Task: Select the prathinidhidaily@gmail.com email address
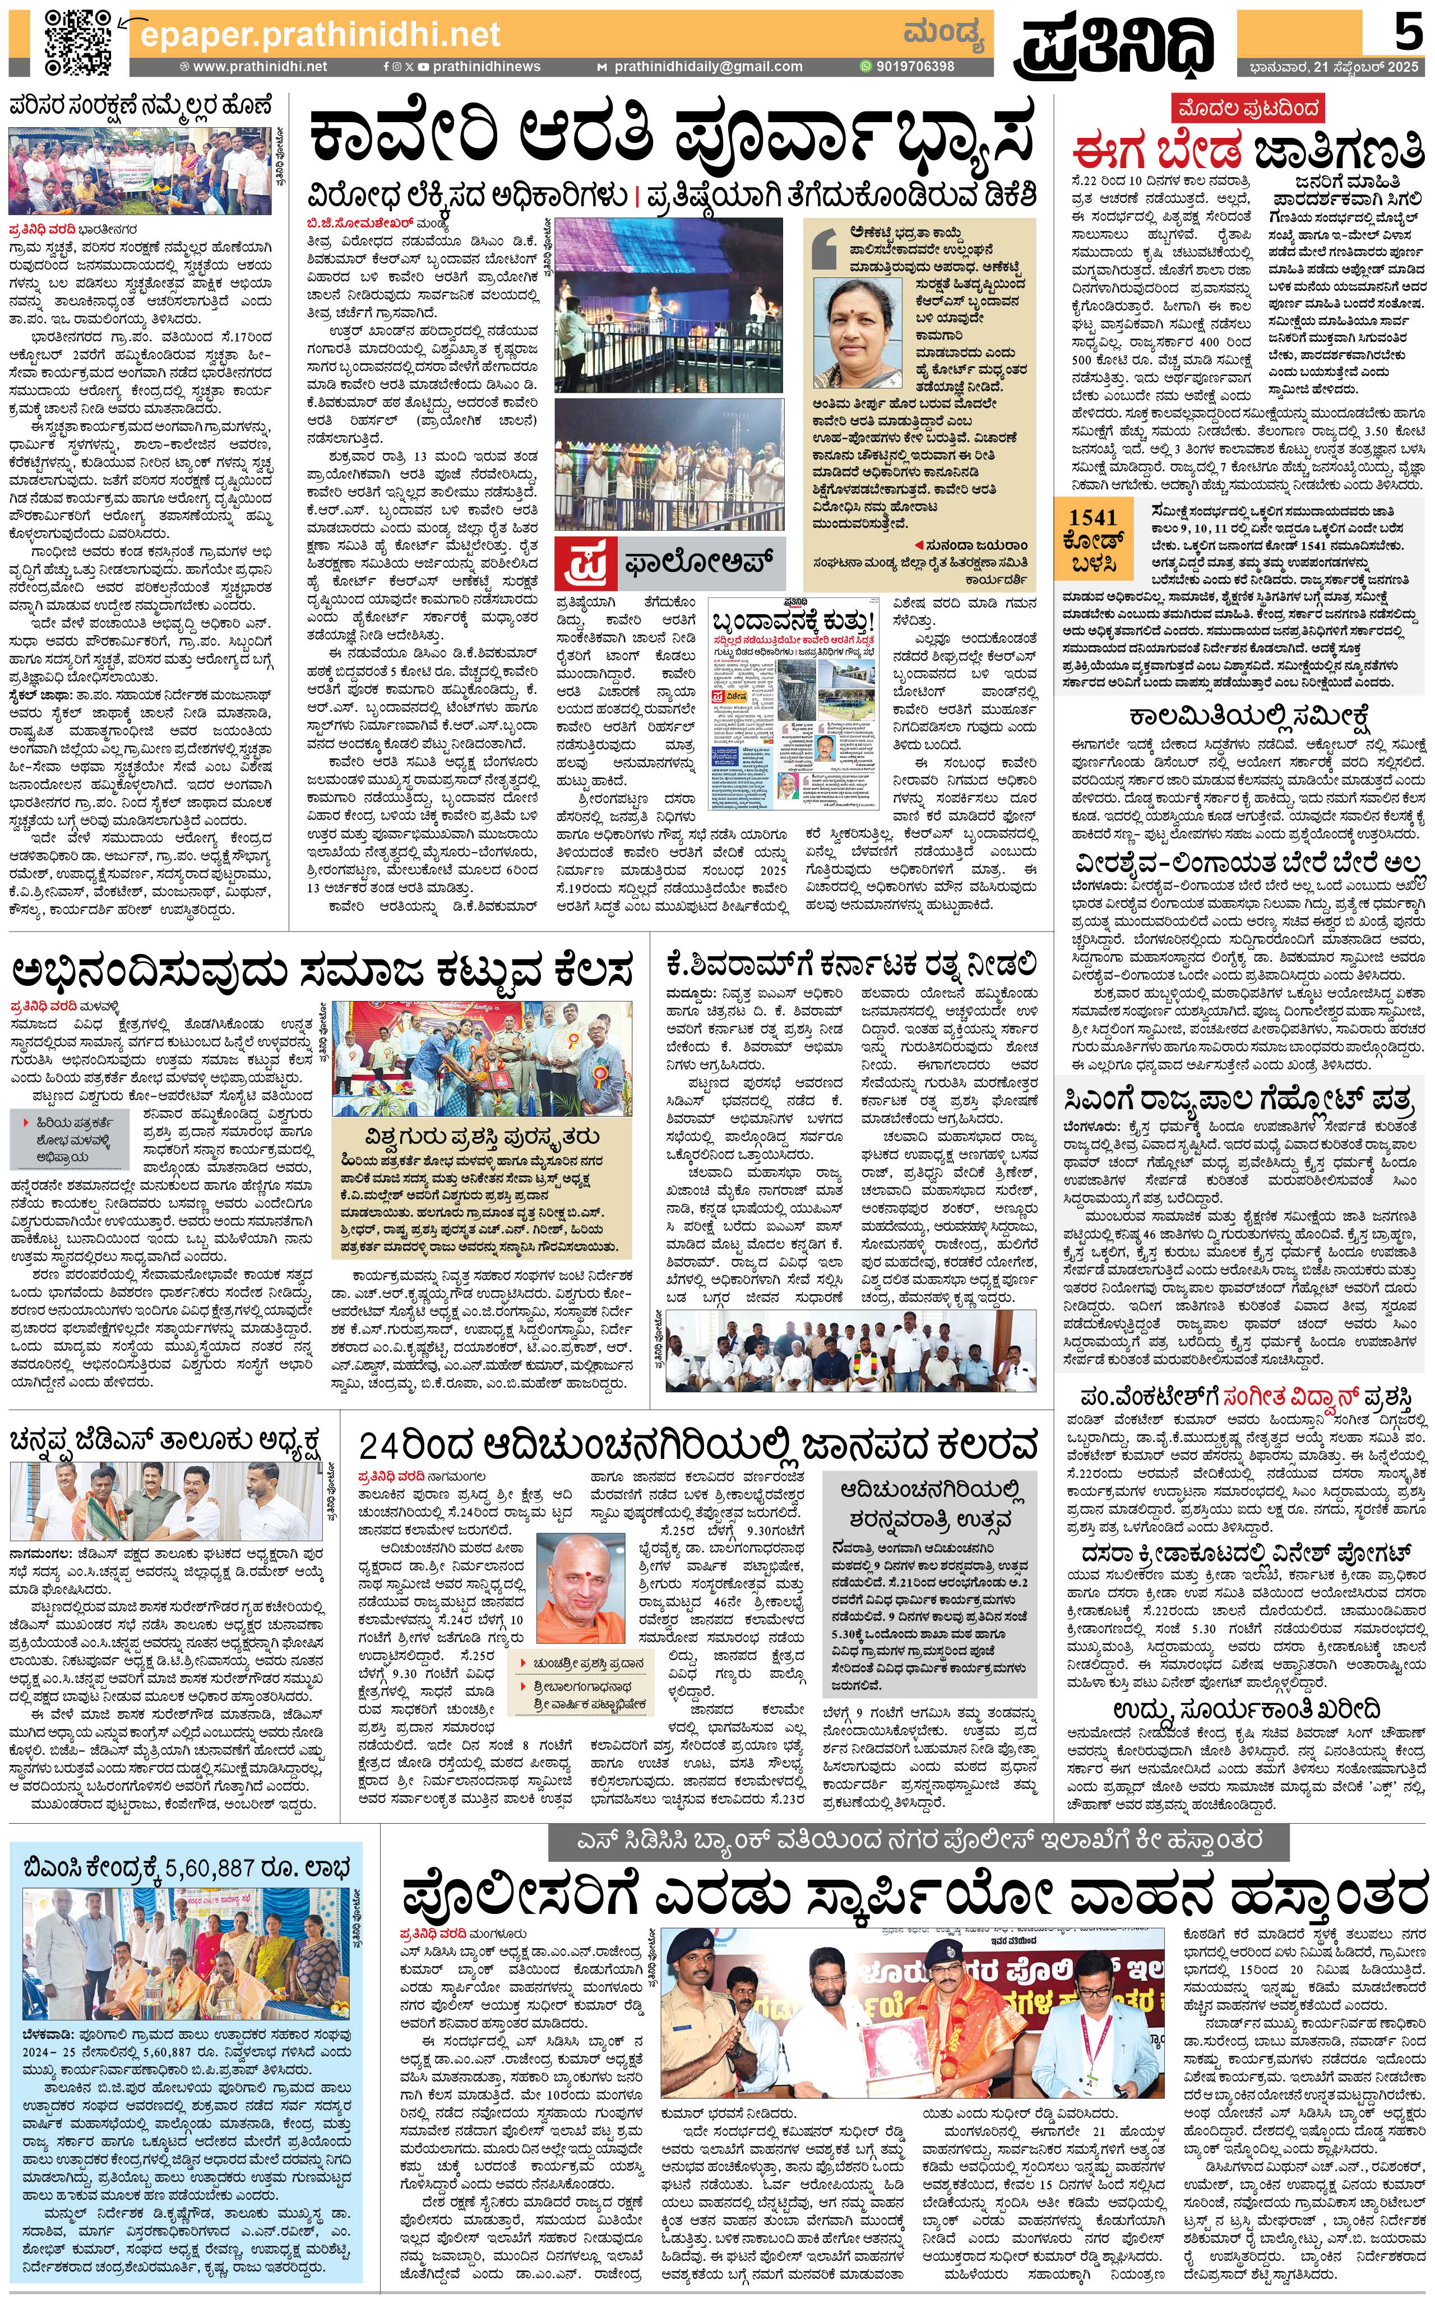pos(707,67)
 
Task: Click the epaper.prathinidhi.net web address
pos(320,35)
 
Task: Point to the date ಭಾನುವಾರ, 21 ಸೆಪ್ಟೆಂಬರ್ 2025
pos(1334,67)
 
